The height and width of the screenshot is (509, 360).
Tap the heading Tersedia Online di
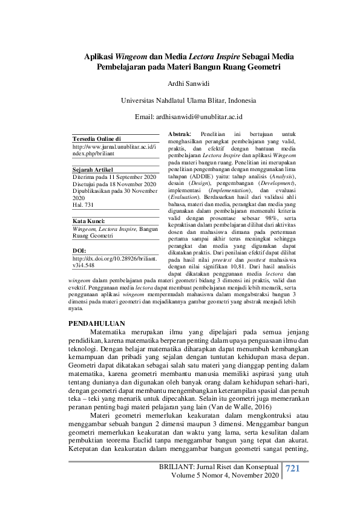(96, 139)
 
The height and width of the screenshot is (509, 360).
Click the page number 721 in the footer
(292, 468)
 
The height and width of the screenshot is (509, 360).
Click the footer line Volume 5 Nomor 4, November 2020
(226, 476)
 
